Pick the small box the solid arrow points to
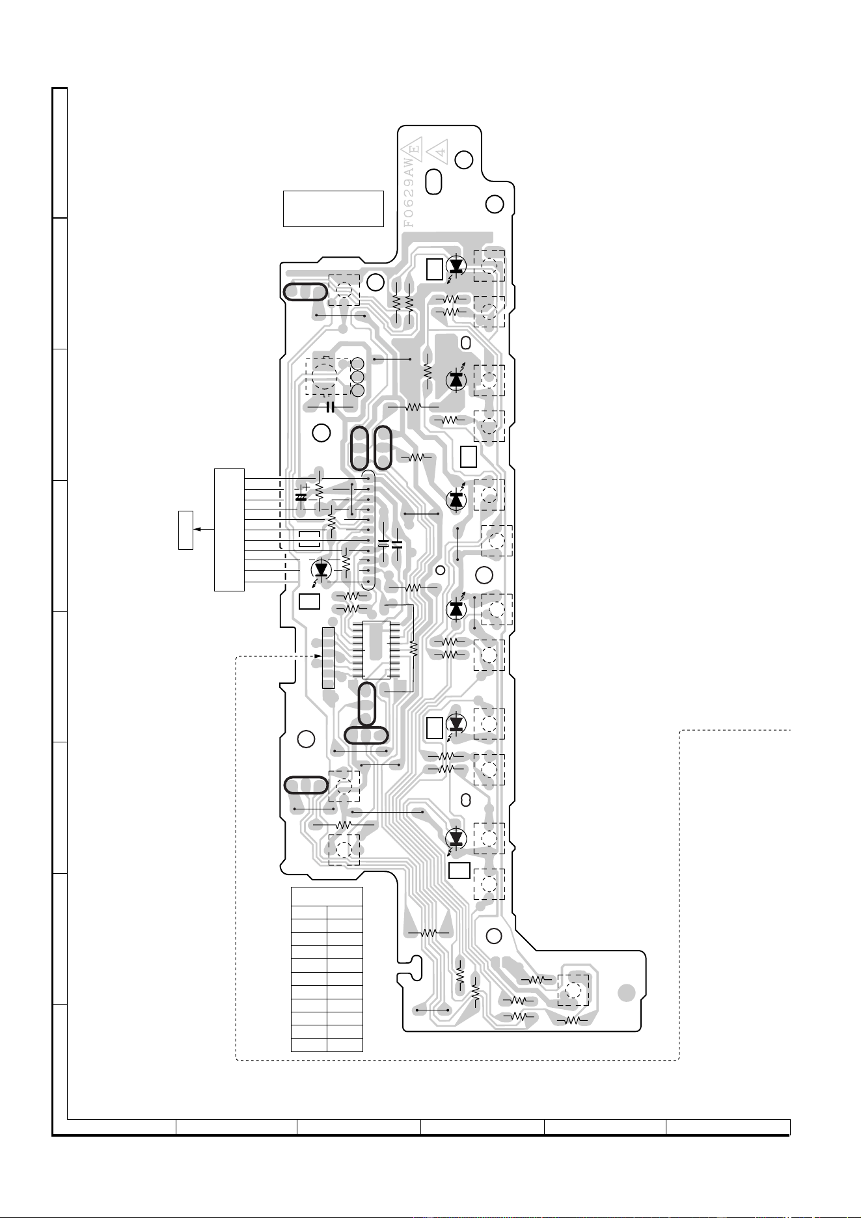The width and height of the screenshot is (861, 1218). click(x=186, y=530)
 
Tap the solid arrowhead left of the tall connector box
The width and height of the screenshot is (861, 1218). click(x=198, y=530)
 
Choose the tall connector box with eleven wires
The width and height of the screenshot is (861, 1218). click(x=230, y=530)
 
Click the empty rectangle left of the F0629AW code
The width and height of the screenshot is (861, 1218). click(x=333, y=209)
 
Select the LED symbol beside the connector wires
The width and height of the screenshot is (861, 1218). click(x=320, y=570)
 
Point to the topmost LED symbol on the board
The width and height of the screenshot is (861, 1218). click(x=456, y=265)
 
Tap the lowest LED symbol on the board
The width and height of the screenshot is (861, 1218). click(x=456, y=837)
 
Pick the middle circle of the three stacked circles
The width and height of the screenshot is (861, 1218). click(x=357, y=377)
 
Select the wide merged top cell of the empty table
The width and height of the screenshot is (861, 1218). click(x=327, y=896)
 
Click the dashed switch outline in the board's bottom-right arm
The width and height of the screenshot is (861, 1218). click(x=573, y=992)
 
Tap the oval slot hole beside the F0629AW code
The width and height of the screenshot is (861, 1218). click(x=434, y=182)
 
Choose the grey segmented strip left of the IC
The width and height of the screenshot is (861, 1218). click(x=327, y=658)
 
